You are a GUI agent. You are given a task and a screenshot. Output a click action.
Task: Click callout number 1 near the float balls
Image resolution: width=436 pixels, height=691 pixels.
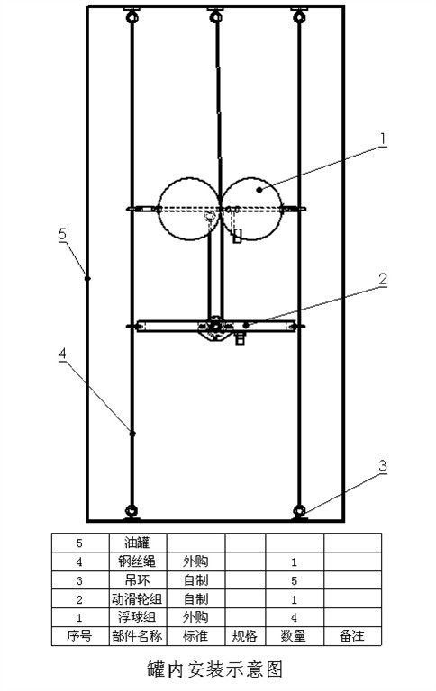coord(383,139)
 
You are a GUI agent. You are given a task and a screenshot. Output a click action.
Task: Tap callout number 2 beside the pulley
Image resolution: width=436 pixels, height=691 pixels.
coord(383,279)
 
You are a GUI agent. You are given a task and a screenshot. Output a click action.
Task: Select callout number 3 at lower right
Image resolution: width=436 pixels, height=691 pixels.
coord(383,466)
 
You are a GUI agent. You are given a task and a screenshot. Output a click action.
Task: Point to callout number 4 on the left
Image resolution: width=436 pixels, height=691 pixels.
coord(63,354)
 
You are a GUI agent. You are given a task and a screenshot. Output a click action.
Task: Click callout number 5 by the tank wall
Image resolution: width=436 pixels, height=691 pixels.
coord(62,233)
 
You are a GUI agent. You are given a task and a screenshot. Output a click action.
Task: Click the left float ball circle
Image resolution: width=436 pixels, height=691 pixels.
coord(189,178)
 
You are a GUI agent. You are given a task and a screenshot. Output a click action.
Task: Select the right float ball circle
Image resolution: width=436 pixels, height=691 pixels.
coord(251,177)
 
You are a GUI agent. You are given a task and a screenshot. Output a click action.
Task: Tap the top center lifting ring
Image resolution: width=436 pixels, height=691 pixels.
coord(216,16)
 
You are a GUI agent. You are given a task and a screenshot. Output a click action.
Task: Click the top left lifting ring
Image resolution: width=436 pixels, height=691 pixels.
coord(132,16)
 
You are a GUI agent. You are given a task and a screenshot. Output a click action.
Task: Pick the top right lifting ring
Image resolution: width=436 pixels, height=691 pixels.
coord(299,16)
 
